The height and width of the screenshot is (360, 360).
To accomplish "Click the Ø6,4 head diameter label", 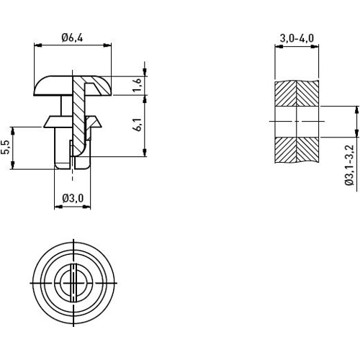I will (x=73, y=37).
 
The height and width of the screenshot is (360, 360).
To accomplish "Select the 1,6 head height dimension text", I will (x=138, y=86).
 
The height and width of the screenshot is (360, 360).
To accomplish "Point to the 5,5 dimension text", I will (x=6, y=148).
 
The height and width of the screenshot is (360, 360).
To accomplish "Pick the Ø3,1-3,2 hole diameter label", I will (x=348, y=166).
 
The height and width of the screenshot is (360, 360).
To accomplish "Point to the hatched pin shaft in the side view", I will (x=78, y=108).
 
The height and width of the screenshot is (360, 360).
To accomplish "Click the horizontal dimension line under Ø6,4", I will (x=73, y=45).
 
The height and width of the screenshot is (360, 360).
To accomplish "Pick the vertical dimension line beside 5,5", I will (x=13, y=148).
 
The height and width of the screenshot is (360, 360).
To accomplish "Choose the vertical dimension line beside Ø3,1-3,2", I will (x=356, y=120).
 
